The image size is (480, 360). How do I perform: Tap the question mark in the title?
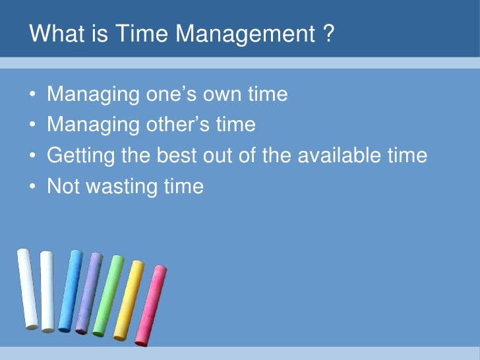[x=328, y=34]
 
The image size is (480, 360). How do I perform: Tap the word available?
[x=343, y=156]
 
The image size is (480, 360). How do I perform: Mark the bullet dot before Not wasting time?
[x=32, y=187]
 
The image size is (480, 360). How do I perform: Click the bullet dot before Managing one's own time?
[x=32, y=96]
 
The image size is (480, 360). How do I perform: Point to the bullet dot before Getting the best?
[x=32, y=156]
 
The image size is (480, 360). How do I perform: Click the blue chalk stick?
[x=70, y=290]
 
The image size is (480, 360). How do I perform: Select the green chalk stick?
[x=107, y=295]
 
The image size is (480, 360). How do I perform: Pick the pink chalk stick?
[x=150, y=305]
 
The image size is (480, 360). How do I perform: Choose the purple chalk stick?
[x=88, y=293]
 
